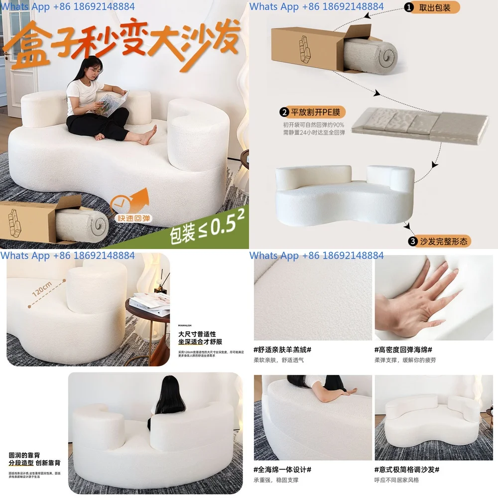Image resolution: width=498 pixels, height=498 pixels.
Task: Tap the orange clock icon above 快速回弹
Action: click(x=119, y=202)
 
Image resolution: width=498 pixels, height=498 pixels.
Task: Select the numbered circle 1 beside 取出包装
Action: click(x=409, y=8)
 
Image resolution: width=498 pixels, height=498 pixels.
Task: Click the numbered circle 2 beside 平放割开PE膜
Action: click(x=285, y=112)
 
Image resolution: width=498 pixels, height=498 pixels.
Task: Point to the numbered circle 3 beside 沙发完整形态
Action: click(x=412, y=242)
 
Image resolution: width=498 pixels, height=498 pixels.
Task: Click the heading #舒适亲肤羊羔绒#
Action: click(x=282, y=350)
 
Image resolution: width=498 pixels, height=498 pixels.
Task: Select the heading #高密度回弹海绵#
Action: click(x=403, y=350)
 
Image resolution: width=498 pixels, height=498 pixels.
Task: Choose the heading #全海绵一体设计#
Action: click(x=282, y=470)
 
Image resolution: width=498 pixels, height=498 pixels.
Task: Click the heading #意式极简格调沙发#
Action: click(x=406, y=470)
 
